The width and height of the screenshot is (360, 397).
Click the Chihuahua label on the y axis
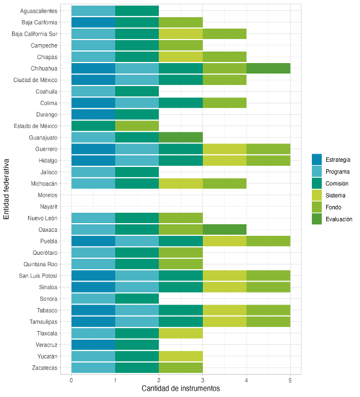pos(44,68)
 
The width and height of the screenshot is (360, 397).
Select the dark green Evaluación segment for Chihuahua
pos(268,68)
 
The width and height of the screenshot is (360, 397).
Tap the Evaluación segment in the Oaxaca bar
pos(224,229)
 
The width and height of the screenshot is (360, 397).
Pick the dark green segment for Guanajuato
pos(181,138)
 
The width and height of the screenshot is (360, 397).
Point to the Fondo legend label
pos(334,207)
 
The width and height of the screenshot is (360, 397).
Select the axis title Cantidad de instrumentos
pos(181,389)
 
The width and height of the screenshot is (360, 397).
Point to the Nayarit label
pos(48,207)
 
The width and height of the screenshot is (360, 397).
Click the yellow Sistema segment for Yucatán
pos(181,356)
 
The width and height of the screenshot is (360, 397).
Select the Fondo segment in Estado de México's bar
pos(137,126)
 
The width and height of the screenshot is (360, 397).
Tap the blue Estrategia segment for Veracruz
pos(93,344)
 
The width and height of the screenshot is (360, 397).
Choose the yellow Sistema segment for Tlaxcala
pos(181,333)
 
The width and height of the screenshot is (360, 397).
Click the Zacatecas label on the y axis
pos(45,367)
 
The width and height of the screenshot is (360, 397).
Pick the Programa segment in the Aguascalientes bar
pos(93,11)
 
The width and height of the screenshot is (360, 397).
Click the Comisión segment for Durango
pos(137,114)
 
